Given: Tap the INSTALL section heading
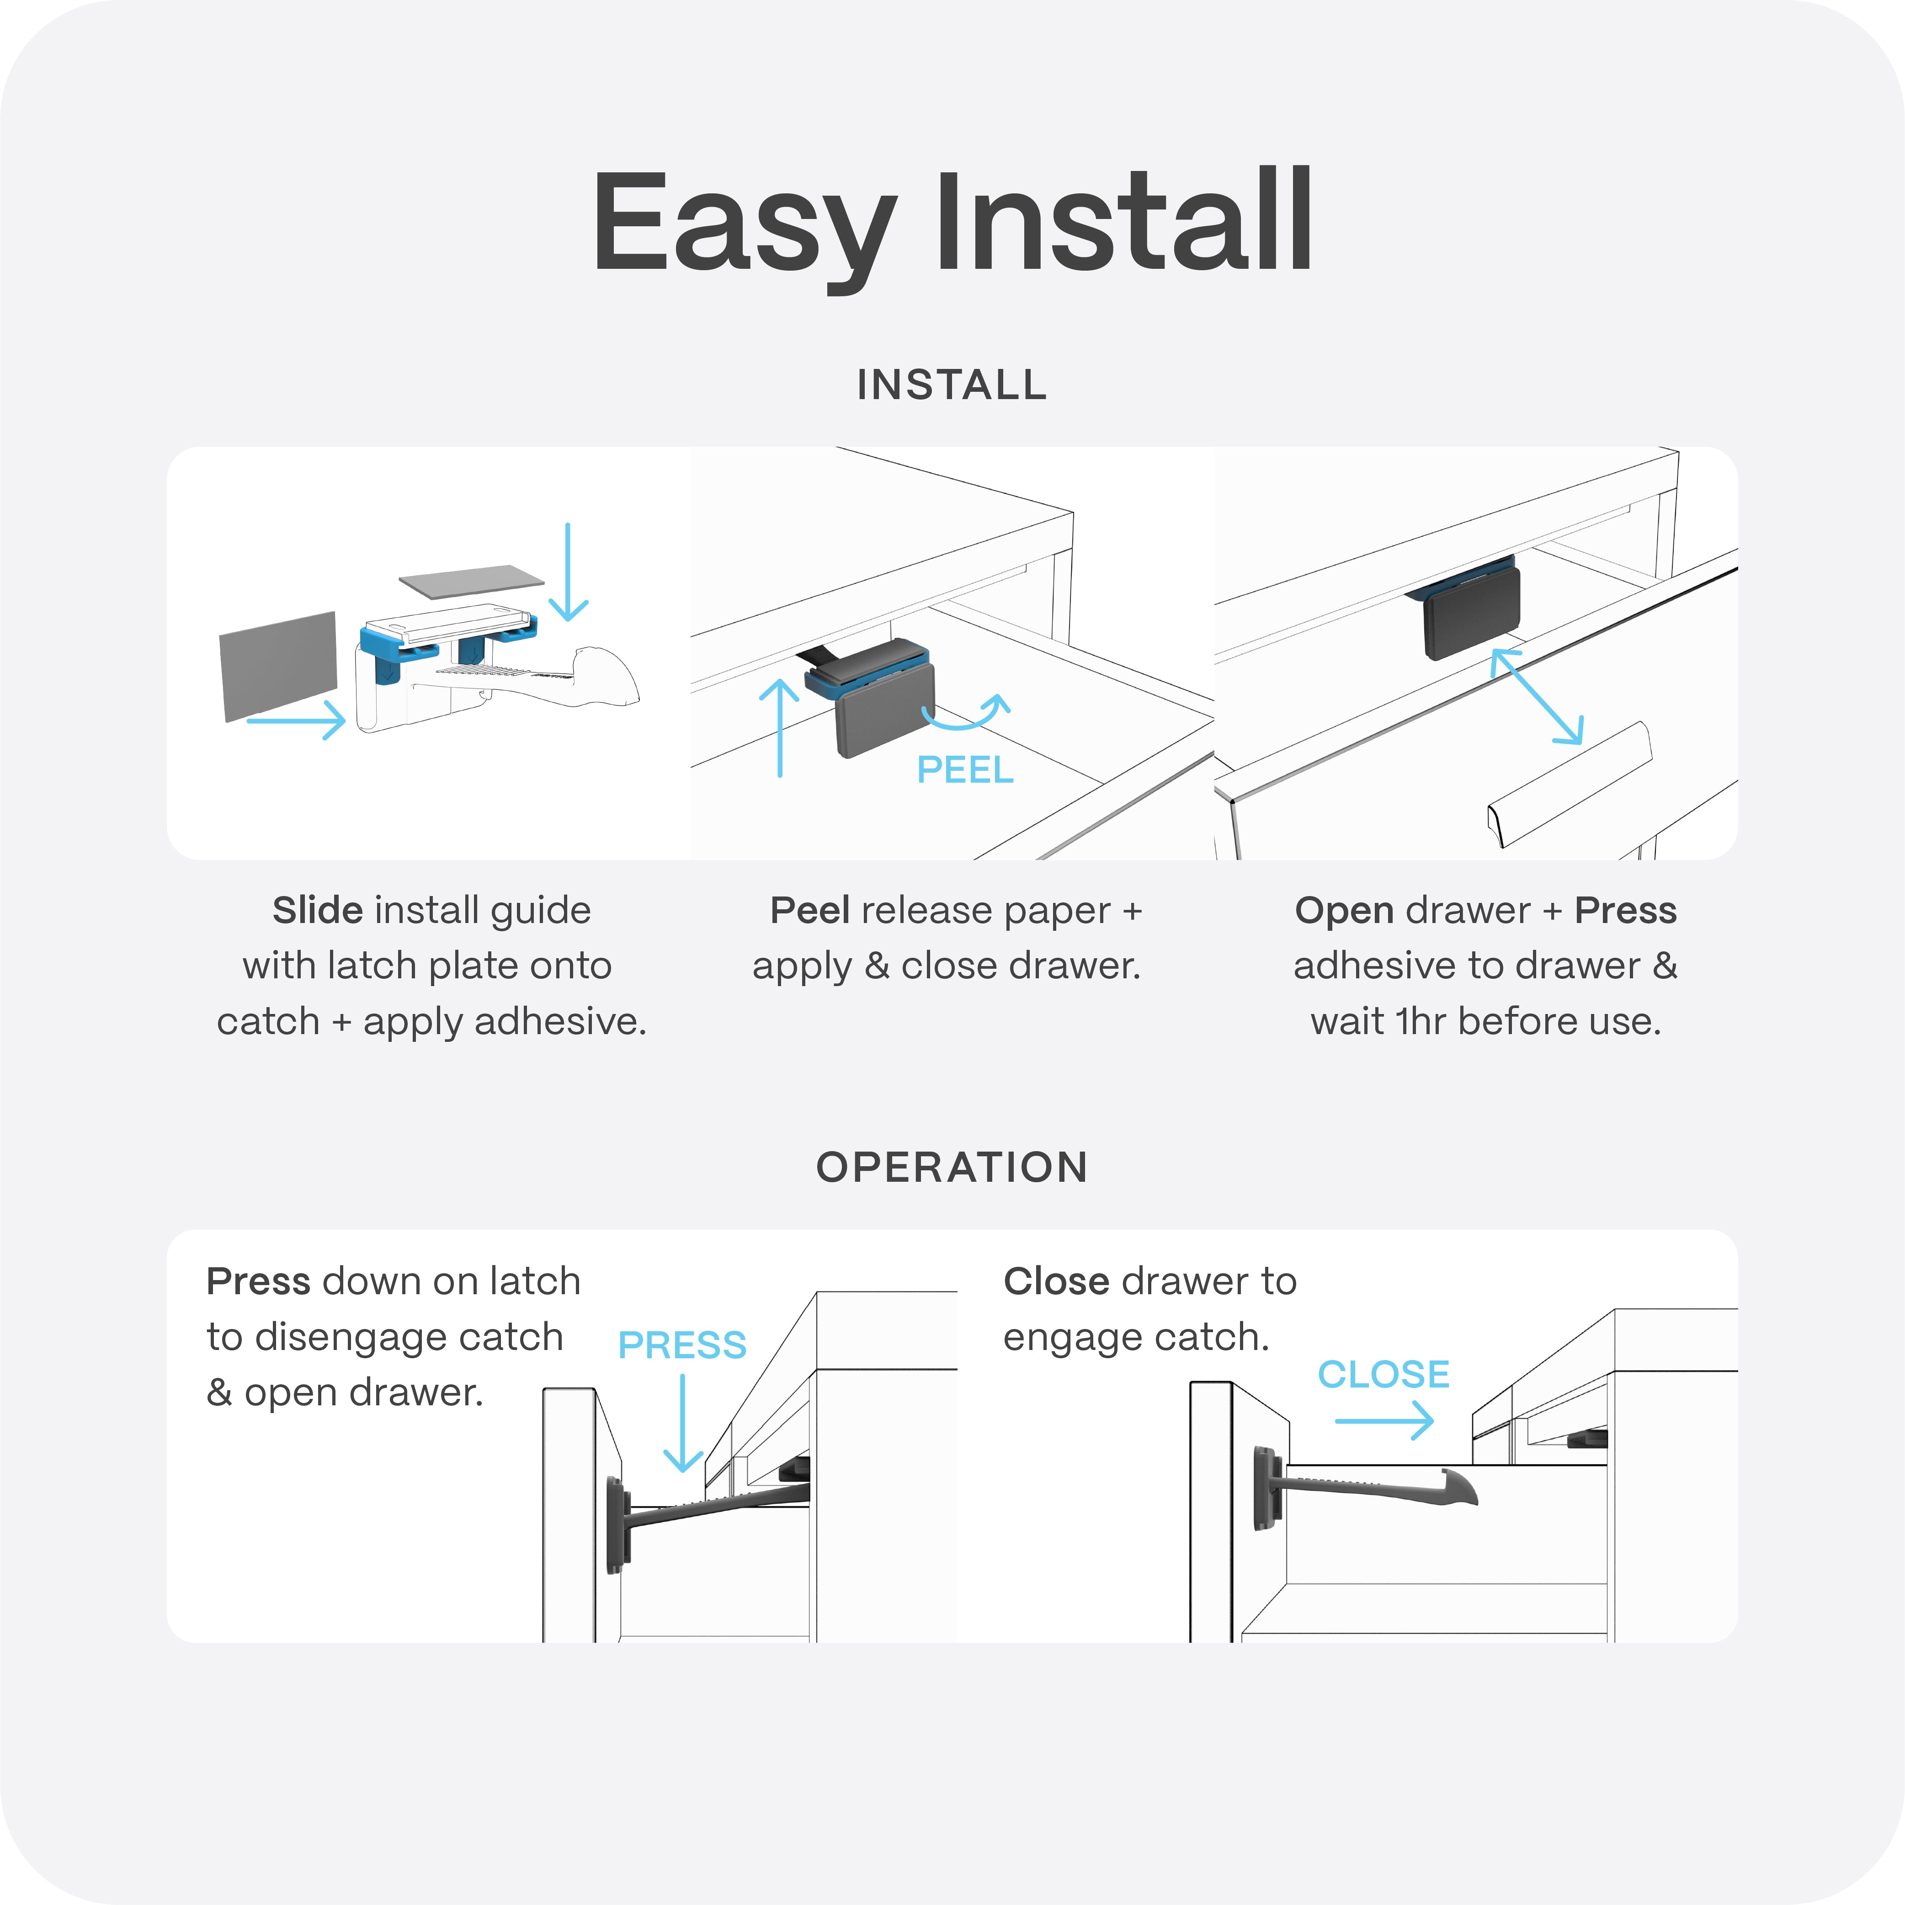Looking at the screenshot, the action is click(952, 384).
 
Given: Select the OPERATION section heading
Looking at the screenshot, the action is click(952, 1168).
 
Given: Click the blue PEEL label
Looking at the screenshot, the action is click(964, 769).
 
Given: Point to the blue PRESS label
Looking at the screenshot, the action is click(682, 1345).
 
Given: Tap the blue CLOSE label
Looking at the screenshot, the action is click(1384, 1375).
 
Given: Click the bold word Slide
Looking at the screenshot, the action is click(318, 910).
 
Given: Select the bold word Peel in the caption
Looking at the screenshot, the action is click(809, 910).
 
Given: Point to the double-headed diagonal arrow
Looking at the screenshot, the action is click(1536, 696).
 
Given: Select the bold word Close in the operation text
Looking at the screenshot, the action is click(1057, 1282).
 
